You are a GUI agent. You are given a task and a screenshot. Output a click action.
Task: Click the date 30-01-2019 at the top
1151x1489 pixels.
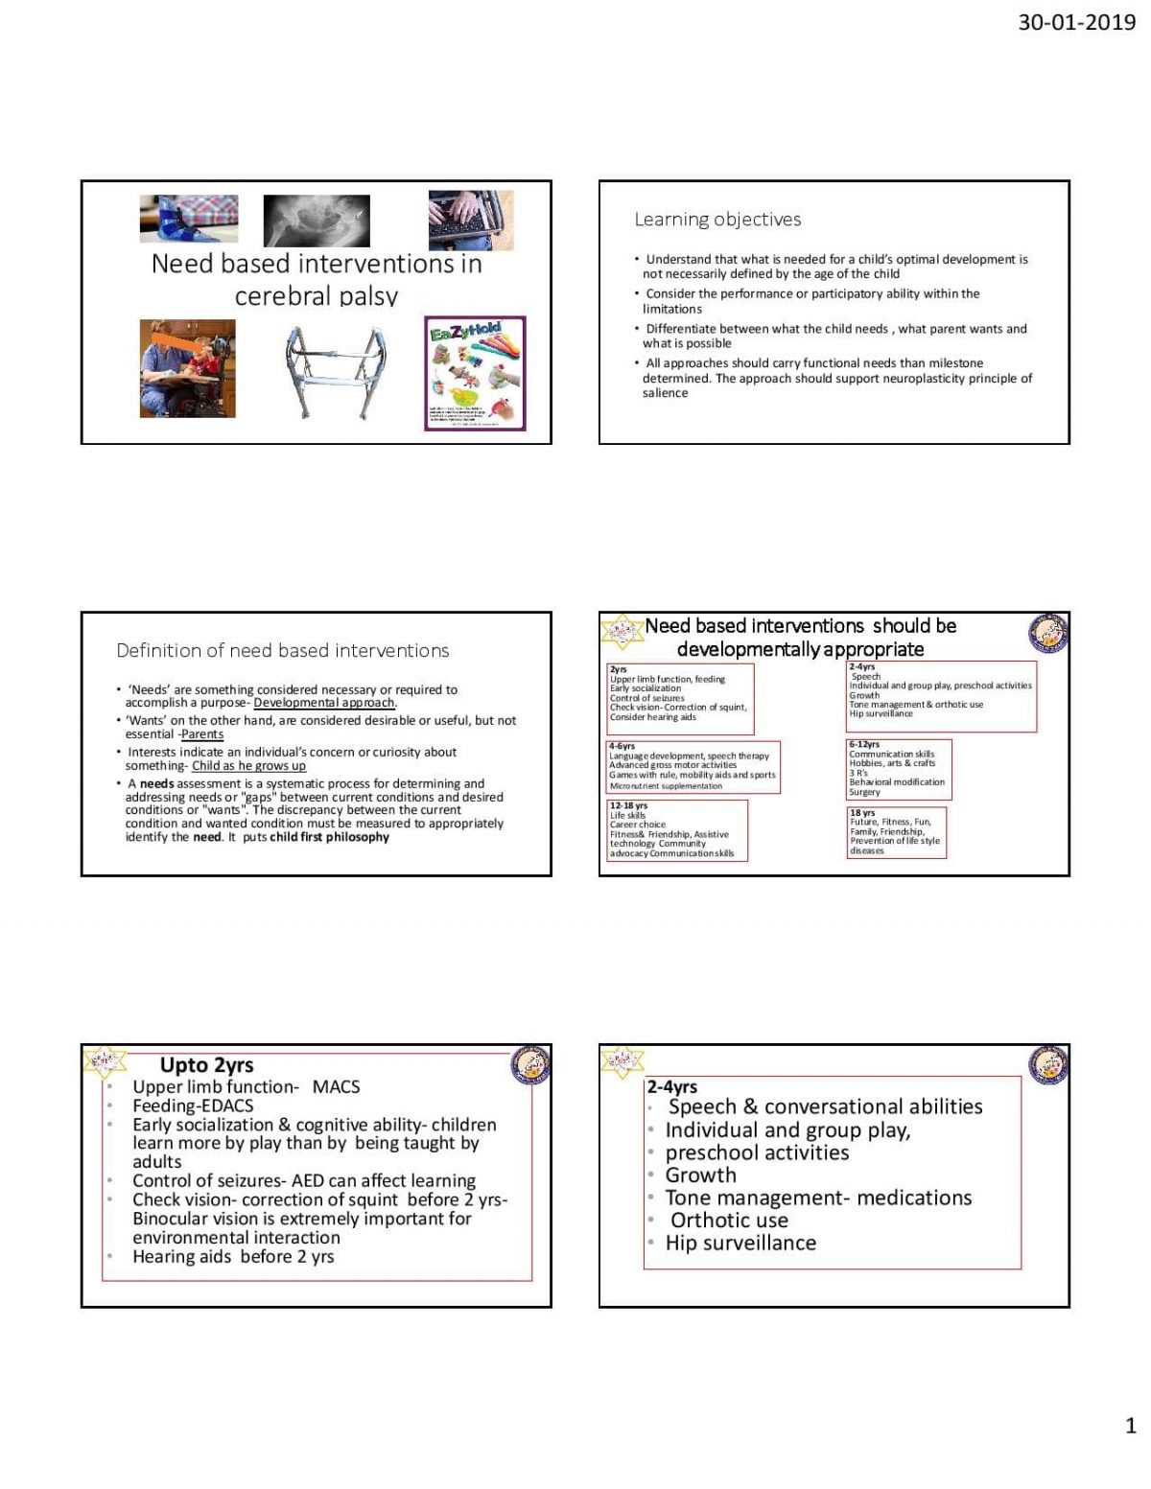point(1076,22)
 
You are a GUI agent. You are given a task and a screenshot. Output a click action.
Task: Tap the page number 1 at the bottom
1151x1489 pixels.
point(1130,1426)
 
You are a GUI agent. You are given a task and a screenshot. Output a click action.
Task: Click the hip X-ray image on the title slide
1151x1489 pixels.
point(316,220)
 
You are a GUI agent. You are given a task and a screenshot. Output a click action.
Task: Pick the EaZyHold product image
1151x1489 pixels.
point(475,373)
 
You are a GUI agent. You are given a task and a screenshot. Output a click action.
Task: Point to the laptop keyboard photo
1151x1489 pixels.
point(470,220)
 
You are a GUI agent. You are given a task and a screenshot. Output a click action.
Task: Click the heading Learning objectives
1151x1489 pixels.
point(717,220)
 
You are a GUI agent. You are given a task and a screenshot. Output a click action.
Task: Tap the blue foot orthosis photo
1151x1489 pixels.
point(188,219)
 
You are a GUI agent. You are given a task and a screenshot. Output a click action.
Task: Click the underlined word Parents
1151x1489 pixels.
point(202,734)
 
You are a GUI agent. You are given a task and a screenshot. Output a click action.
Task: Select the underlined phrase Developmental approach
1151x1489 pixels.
point(324,703)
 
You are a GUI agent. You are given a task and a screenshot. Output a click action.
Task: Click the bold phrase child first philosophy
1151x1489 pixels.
point(329,837)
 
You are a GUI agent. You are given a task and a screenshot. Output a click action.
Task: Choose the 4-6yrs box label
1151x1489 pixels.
point(622,745)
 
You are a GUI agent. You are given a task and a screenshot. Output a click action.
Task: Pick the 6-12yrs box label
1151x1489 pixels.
point(863,744)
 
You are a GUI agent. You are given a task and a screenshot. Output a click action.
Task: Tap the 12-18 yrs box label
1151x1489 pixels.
point(628,805)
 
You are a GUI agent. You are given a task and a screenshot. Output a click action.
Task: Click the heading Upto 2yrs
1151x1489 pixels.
point(206,1065)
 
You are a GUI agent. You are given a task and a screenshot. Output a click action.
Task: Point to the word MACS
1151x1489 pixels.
point(336,1086)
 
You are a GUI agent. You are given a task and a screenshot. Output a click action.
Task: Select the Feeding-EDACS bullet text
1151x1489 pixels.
point(193,1105)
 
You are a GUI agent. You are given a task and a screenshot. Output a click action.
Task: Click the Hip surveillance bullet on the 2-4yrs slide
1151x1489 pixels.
point(740,1243)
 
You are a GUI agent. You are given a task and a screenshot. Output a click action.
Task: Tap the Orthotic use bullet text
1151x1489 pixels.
point(729,1221)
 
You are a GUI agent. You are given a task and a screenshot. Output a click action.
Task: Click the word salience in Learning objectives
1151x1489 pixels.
point(665,393)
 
